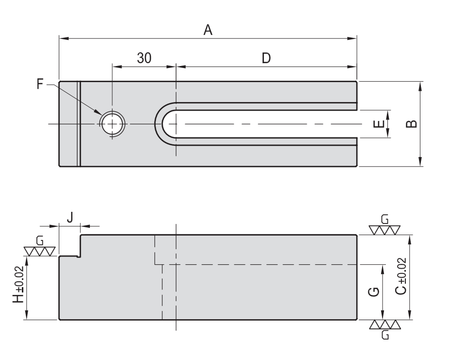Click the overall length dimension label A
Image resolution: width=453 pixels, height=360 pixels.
(x=208, y=30)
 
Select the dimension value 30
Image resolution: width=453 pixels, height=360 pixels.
(x=143, y=58)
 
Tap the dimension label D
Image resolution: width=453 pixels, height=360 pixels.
(x=266, y=58)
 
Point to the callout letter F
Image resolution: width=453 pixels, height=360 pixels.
(x=40, y=84)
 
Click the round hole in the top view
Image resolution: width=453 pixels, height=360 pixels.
(x=112, y=124)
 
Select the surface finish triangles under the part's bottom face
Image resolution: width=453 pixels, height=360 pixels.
(x=384, y=325)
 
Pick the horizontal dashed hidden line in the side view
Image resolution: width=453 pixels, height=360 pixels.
(x=262, y=265)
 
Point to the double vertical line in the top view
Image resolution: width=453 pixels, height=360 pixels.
(x=79, y=124)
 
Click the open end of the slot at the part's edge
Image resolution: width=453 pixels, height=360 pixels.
(x=357, y=124)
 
